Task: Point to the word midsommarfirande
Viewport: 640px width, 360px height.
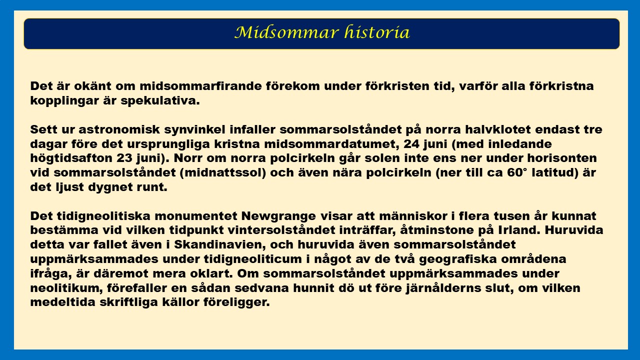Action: (x=200, y=86)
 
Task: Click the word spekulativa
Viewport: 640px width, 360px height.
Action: (x=160, y=101)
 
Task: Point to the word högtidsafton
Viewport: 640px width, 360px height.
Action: (x=71, y=158)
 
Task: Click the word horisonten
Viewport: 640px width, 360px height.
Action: (x=562, y=158)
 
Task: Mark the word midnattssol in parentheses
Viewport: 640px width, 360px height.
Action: (x=223, y=173)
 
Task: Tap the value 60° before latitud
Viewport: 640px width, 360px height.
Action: (x=517, y=173)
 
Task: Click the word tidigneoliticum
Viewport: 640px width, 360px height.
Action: (x=253, y=259)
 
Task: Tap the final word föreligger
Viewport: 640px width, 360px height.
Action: (x=236, y=302)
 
